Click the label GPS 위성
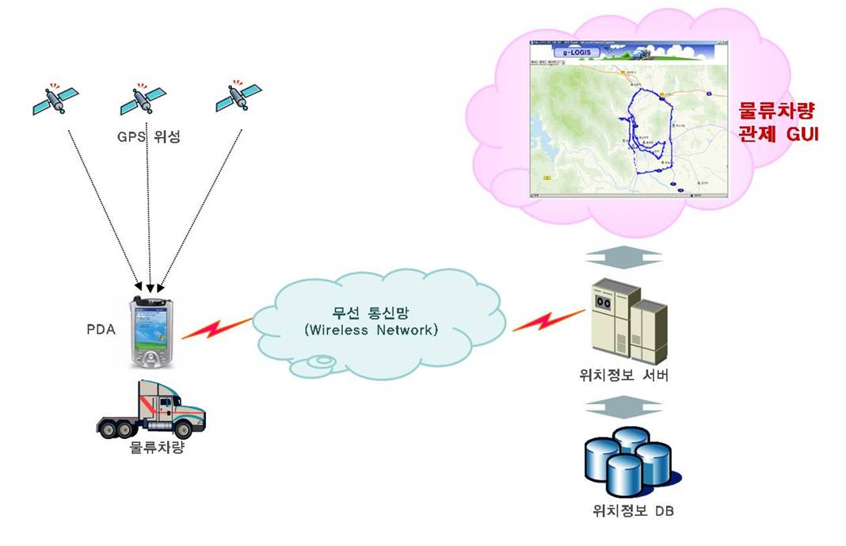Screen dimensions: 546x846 148,137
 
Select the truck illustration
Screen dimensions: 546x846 151,410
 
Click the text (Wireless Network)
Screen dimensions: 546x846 370,330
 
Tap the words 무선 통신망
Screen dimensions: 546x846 370,311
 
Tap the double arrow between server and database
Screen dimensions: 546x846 624,407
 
